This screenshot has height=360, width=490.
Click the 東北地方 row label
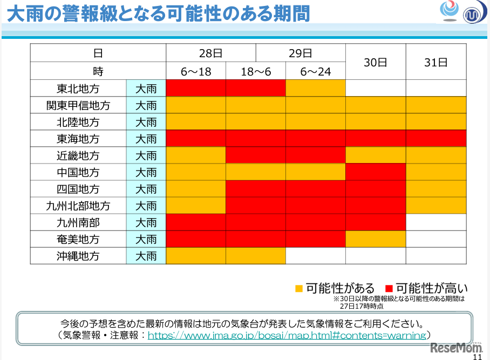(78, 89)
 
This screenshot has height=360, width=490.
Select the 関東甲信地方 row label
(78, 105)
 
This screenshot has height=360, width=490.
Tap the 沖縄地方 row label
(78, 256)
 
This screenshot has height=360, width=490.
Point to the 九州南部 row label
(78, 222)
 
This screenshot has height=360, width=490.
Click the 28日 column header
(210, 53)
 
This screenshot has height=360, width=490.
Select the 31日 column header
(436, 62)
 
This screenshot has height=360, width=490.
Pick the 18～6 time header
(255, 71)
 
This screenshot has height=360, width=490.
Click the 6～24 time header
(315, 71)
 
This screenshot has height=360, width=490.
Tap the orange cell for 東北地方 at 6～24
(315, 89)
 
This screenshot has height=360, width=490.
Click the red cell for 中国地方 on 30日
(376, 172)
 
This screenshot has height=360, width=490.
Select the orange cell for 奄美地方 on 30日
(376, 239)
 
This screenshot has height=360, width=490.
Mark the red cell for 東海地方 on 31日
(436, 139)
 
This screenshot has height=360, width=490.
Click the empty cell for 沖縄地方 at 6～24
(315, 256)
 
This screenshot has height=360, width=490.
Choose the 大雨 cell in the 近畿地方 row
(146, 155)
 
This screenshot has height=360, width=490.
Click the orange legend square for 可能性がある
(299, 288)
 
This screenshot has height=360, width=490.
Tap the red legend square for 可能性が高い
(389, 288)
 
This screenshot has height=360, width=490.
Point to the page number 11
(478, 356)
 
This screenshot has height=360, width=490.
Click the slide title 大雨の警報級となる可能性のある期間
(159, 13)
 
